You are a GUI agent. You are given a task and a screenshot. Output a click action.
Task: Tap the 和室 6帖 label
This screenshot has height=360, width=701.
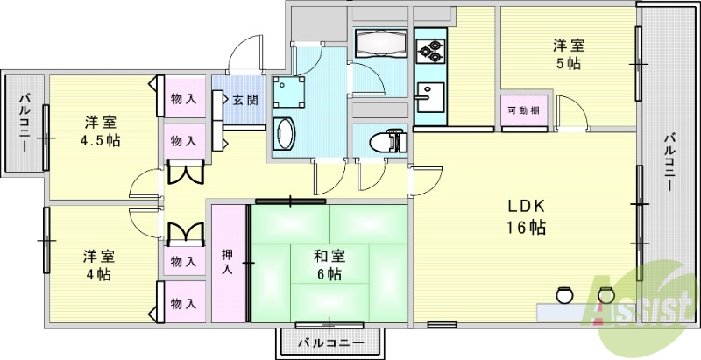(329, 265)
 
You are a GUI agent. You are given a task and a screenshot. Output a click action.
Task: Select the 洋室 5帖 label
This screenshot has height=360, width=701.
(569, 54)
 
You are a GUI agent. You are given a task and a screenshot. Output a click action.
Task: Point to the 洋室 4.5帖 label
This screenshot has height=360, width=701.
(102, 131)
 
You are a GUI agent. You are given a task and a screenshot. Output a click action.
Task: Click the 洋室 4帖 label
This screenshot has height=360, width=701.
(97, 265)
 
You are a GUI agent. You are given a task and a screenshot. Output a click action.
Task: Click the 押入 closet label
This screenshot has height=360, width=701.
(228, 261)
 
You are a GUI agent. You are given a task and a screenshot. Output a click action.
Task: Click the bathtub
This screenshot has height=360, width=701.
(379, 42)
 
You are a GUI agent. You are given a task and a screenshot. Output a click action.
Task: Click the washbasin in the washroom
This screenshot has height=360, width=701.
(286, 136)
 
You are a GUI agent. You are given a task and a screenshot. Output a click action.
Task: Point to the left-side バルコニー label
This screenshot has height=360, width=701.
(23, 123)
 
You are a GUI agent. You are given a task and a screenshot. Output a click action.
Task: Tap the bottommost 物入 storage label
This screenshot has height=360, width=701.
(182, 303)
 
